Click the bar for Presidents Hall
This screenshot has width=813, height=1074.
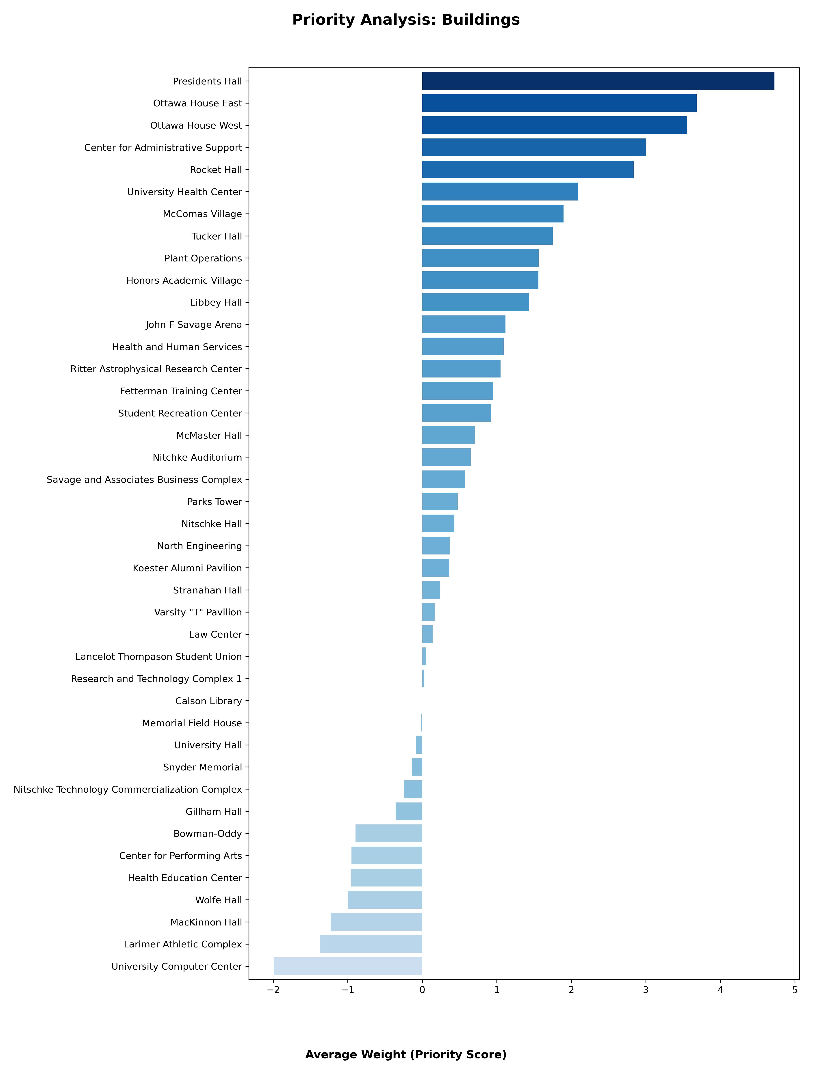(598, 81)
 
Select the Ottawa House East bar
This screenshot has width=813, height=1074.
(559, 103)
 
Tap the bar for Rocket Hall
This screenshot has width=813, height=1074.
(527, 169)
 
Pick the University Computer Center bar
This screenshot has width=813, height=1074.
(348, 966)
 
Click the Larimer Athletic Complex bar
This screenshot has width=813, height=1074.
(371, 944)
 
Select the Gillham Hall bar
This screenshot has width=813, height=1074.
(409, 811)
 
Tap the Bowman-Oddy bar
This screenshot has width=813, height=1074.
(388, 833)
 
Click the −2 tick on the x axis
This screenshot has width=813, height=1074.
(273, 990)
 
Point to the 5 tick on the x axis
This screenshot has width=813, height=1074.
(795, 990)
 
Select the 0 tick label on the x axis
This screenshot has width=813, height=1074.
(422, 990)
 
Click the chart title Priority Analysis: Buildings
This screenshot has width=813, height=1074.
(406, 20)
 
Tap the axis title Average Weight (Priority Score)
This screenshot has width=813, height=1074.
(406, 1055)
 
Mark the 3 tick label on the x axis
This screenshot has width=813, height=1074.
(646, 990)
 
